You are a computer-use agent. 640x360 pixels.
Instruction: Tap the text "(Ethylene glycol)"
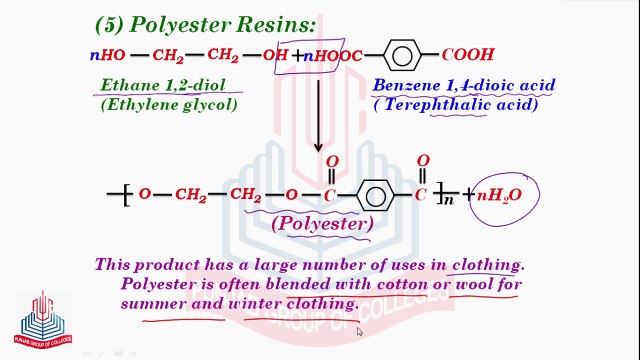click(x=169, y=104)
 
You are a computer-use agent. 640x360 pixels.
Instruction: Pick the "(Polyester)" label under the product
click(x=321, y=224)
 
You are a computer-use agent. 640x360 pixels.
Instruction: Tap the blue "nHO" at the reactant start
click(x=106, y=55)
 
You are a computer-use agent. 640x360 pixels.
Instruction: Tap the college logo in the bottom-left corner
click(x=42, y=317)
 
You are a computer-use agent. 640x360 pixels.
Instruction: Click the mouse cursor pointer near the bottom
click(x=360, y=332)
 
